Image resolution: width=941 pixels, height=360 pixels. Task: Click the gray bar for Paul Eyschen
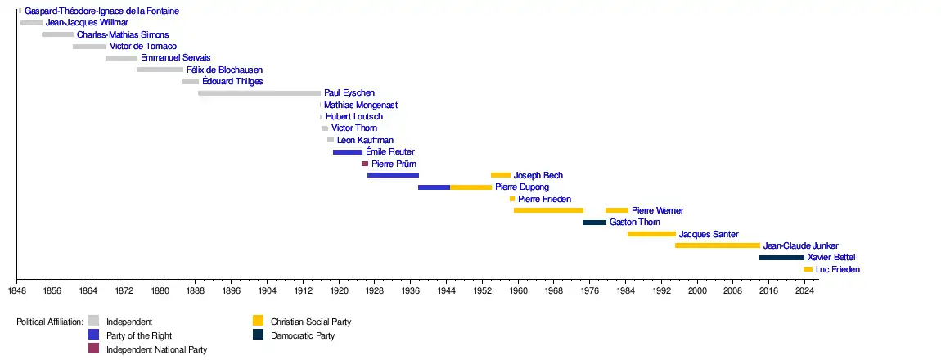coord(259,93)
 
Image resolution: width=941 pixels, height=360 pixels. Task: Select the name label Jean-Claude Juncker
coord(800,245)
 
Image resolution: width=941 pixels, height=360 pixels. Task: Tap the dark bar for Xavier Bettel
coord(781,258)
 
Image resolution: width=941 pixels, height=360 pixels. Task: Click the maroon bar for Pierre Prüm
coord(365,164)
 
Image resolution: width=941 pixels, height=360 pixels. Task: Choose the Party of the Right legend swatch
coord(93,335)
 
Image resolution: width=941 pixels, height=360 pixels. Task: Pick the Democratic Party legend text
coord(303,335)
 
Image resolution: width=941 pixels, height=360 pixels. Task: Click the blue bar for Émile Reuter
coord(348,152)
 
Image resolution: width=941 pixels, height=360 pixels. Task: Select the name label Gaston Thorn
coord(634,223)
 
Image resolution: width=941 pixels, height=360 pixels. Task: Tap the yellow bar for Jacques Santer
coord(651,234)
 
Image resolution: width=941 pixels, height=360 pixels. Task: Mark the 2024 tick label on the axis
coord(804,290)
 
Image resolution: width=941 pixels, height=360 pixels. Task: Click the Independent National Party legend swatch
coord(93,349)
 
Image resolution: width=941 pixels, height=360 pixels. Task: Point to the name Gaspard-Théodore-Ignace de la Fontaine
coord(101,11)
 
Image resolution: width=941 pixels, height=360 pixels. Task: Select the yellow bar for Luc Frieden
coord(808,269)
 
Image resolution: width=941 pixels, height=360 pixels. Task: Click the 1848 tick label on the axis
coord(16,290)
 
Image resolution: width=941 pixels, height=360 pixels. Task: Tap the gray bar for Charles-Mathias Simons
coord(57,35)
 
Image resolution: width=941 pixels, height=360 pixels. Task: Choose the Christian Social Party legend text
coord(310,322)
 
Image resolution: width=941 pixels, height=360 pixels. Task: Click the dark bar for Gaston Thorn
coord(594,223)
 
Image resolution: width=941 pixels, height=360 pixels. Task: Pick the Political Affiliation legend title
coord(50,322)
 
